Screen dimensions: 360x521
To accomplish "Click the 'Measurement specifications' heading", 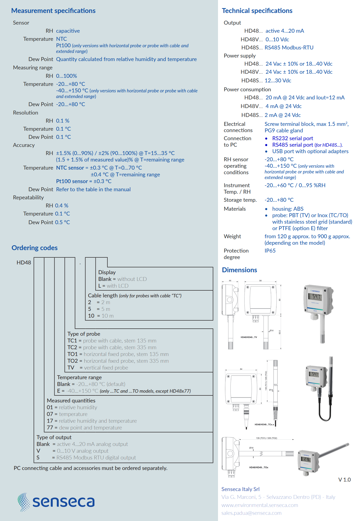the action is (53, 11).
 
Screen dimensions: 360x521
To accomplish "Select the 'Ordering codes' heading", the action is (35, 248).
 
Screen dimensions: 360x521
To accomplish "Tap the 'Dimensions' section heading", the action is (239, 270).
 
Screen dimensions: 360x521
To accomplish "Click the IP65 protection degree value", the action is (270, 251).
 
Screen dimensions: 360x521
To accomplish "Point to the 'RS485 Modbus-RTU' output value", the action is (289, 48).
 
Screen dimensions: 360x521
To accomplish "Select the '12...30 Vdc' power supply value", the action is (278, 80).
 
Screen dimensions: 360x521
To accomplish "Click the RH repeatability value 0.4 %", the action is (62, 206).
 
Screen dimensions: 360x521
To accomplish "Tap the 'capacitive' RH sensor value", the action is (68, 31).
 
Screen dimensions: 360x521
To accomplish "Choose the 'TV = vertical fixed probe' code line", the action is (98, 368).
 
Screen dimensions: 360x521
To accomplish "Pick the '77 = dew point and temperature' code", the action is (84, 428).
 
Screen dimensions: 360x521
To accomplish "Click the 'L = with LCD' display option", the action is (113, 286).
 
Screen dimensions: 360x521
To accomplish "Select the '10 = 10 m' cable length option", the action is (101, 316).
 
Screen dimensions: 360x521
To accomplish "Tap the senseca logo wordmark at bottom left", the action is (64, 502).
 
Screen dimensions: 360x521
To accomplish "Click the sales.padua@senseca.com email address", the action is (251, 513).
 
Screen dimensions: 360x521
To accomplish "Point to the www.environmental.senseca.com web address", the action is (260, 505).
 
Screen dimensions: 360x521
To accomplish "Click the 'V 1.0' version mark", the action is (345, 480).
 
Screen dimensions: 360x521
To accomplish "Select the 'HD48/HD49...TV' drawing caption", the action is (249, 337).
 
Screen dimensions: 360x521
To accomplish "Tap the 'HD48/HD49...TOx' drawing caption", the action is (259, 468).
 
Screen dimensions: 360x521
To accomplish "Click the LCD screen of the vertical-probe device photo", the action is (315, 296).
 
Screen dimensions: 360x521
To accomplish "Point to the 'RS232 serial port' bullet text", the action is (293, 138).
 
